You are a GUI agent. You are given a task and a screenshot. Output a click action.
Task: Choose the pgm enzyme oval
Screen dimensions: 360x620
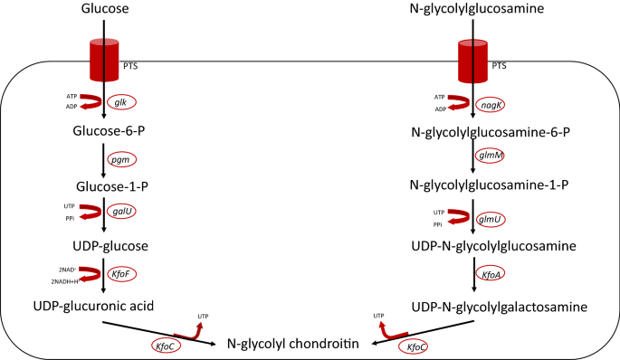click(x=122, y=159)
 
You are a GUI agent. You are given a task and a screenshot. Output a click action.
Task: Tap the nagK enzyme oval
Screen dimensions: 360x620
click(x=493, y=104)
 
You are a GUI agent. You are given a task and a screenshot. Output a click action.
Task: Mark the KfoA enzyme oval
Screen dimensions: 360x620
click(x=493, y=274)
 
